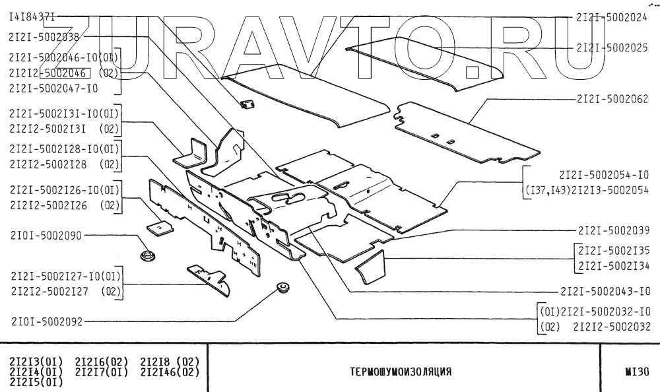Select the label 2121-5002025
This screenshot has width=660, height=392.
click(611, 48)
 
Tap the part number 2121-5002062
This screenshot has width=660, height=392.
click(611, 99)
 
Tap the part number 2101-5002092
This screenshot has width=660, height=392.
click(46, 323)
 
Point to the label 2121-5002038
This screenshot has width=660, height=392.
click(44, 37)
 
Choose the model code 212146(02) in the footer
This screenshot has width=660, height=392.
click(170, 371)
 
